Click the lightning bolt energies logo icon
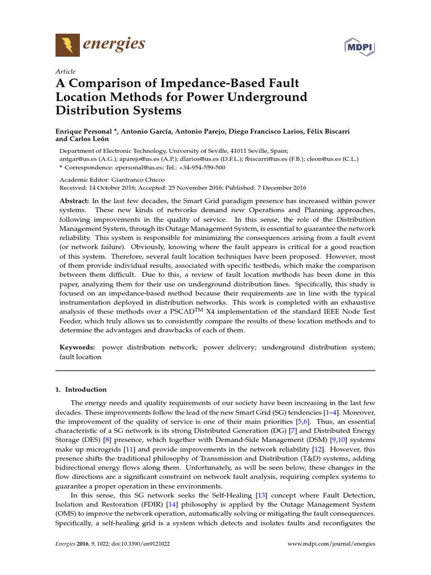click(67, 44)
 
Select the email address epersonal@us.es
click(132, 167)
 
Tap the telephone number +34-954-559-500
click(200, 167)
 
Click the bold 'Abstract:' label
click(75, 201)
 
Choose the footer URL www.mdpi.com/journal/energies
click(331, 544)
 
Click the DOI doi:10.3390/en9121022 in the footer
click(130, 544)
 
